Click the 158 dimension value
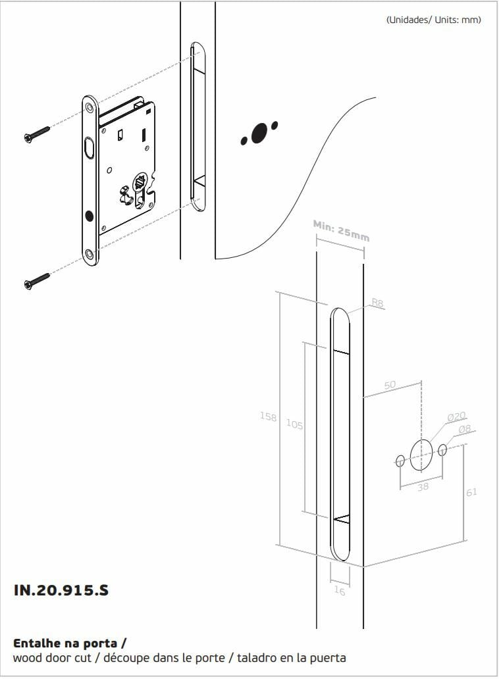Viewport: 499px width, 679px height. click(268, 416)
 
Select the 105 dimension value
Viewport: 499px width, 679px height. click(294, 424)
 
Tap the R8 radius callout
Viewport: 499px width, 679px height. click(378, 303)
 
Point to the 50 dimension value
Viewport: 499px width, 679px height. click(390, 384)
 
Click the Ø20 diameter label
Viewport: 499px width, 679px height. click(456, 416)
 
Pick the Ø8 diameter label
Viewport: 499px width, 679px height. click(464, 429)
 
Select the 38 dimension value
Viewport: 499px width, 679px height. click(423, 487)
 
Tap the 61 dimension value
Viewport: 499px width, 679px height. click(472, 492)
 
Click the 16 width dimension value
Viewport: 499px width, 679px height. click(340, 591)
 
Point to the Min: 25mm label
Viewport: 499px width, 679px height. click(341, 231)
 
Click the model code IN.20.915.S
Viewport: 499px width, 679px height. click(61, 590)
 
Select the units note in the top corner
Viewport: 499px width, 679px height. click(434, 20)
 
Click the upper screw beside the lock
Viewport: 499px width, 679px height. click(37, 134)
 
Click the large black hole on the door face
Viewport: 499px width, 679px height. click(259, 133)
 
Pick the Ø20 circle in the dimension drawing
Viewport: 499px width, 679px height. click(421, 455)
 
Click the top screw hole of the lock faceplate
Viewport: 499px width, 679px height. click(90, 107)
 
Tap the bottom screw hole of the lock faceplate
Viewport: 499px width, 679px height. click(90, 254)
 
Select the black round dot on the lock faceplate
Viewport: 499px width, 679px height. click(90, 215)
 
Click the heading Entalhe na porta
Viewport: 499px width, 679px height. click(70, 643)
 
